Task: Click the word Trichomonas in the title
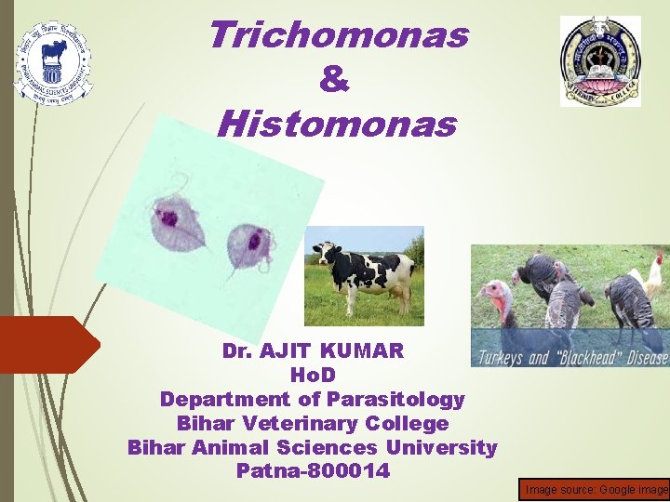click(339, 36)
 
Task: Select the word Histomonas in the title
click(337, 124)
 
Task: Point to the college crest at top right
click(600, 61)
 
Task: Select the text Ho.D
click(313, 376)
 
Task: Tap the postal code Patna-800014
click(313, 472)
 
